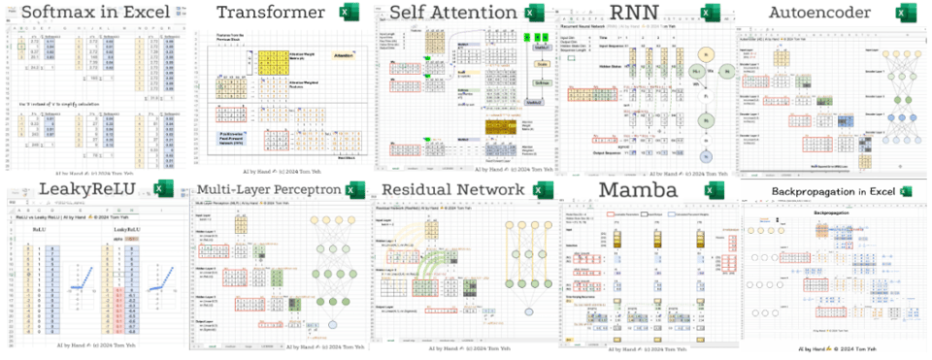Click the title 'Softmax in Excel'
click(x=90, y=13)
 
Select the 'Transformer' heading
click(x=270, y=13)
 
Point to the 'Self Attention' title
click(x=451, y=13)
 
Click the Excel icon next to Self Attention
click(x=533, y=14)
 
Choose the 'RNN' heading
click(x=637, y=13)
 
